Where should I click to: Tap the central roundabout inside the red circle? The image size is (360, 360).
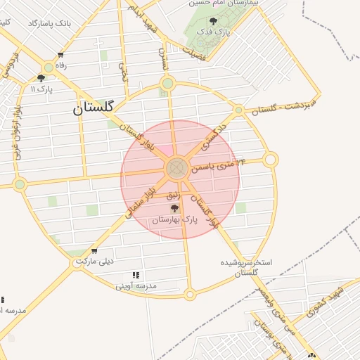(x=176, y=168)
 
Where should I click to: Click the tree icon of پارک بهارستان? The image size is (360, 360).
(x=174, y=208)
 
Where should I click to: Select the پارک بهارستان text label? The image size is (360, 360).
(x=174, y=220)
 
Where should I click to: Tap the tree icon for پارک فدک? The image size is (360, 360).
(x=214, y=21)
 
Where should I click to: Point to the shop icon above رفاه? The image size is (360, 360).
(x=61, y=56)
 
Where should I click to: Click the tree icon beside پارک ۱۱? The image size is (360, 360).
(x=41, y=78)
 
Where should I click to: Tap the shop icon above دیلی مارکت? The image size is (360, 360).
(x=94, y=251)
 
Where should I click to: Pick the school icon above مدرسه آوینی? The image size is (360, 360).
(x=136, y=275)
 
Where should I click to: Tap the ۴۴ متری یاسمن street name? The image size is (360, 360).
(x=221, y=167)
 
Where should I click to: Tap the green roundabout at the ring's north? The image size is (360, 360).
(x=167, y=84)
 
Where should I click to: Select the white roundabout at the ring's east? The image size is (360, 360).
(x=271, y=160)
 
